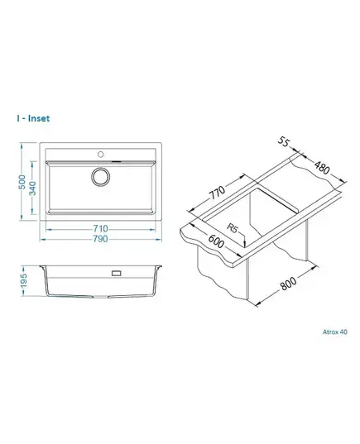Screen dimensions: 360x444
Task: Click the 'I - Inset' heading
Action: pyautogui.click(x=33, y=118)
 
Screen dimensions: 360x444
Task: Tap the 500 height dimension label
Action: pyautogui.click(x=22, y=182)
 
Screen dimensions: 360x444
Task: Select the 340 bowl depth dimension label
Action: pyautogui.click(x=33, y=189)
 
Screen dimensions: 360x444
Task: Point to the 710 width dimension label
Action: pyautogui.click(x=100, y=228)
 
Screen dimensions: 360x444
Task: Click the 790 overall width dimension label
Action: pyautogui.click(x=100, y=239)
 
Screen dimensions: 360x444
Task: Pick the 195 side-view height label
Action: pyautogui.click(x=23, y=280)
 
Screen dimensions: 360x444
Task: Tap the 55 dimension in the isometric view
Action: pyautogui.click(x=283, y=141)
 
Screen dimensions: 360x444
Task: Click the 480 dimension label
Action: pyautogui.click(x=322, y=167)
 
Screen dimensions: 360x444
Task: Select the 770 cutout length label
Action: pyautogui.click(x=217, y=193)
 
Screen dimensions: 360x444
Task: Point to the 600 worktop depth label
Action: pyautogui.click(x=216, y=241)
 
